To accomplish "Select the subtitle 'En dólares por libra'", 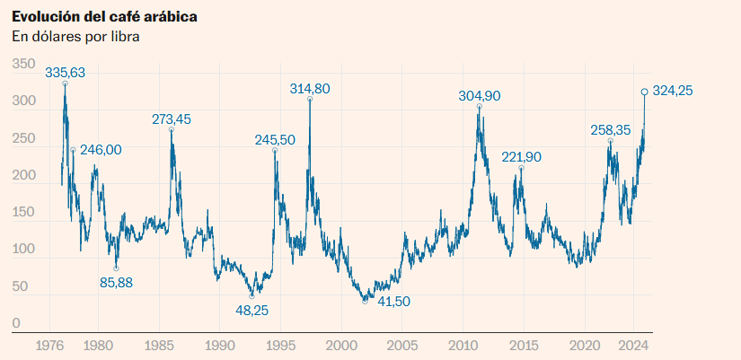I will [75, 37].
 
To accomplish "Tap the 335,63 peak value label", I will [65, 72].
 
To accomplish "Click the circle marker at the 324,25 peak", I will [644, 92].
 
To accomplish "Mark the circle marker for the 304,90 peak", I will [479, 107].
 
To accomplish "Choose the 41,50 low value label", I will [393, 302].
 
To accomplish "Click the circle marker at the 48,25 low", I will [251, 295].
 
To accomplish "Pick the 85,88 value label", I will [116, 283].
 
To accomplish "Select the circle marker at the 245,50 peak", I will [274, 151].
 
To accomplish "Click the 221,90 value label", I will [521, 157].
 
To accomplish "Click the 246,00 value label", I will [101, 150].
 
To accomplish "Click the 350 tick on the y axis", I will [22, 65].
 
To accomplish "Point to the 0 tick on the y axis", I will [15, 323].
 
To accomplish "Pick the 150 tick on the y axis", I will [22, 213].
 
